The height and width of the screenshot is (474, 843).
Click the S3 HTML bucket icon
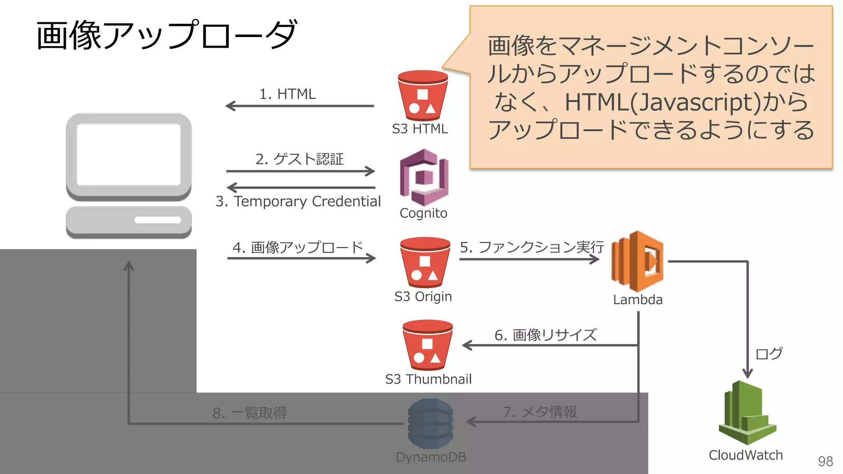pos(423,95)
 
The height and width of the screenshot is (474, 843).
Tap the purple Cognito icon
pos(424,177)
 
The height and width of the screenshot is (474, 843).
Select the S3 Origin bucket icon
pos(425,262)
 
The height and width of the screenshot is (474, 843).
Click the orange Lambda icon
pos(637,261)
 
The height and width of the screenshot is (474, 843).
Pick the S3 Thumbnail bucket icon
pos(428,345)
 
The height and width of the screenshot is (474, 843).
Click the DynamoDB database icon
pos(431,423)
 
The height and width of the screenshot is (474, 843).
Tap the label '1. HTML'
pos(287,94)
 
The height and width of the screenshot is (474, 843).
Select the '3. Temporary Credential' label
pos(298,201)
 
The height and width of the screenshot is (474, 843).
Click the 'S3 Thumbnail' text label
pos(428,379)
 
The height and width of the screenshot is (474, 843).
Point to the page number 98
pos(825,461)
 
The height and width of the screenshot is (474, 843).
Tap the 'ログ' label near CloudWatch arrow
pos(769,353)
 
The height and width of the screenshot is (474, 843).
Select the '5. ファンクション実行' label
pos(532,247)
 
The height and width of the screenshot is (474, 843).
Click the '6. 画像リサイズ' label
pos(545,335)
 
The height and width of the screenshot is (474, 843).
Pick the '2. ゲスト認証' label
pos(299,159)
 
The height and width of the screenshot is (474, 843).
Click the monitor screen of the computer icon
pos(129,154)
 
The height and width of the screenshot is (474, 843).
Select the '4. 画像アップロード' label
pos(298,247)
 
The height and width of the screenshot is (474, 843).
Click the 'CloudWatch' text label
pos(745,455)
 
